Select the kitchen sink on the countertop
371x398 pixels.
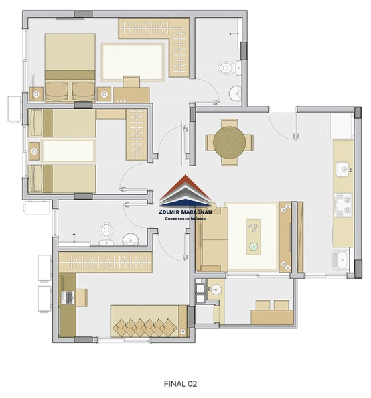343,169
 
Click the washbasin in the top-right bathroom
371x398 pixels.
236,93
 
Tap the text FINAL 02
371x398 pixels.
181,383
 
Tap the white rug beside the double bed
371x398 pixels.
133,61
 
